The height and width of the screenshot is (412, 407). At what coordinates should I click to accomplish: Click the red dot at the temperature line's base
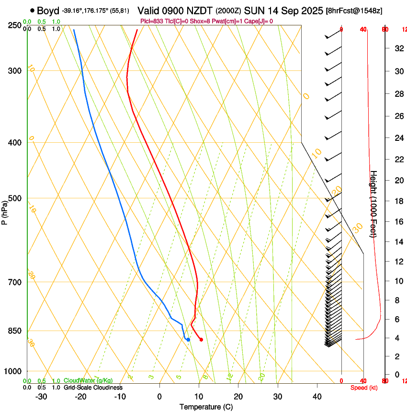click(201, 340)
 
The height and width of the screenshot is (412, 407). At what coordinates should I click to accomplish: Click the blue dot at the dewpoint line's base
click(188, 340)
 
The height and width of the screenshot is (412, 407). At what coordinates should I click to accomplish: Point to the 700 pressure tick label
click(14, 282)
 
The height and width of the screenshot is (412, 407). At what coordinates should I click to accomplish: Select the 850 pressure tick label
click(14, 331)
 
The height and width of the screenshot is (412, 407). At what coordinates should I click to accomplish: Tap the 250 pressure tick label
click(14, 25)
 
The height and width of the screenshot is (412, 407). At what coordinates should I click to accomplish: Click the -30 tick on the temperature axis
click(41, 397)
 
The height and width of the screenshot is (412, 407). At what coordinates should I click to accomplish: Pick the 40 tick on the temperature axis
click(317, 397)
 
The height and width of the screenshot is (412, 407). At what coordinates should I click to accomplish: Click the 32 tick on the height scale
click(398, 48)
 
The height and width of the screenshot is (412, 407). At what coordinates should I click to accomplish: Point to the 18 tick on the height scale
click(398, 201)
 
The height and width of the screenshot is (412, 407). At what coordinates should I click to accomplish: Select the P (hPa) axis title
click(5, 211)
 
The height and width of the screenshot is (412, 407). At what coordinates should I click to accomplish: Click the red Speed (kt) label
click(363, 388)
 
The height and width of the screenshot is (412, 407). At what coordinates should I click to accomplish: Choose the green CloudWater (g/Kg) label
click(88, 380)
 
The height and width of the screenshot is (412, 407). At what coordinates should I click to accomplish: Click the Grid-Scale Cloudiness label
click(93, 387)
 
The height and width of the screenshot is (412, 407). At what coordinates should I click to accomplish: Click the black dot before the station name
click(32, 10)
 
